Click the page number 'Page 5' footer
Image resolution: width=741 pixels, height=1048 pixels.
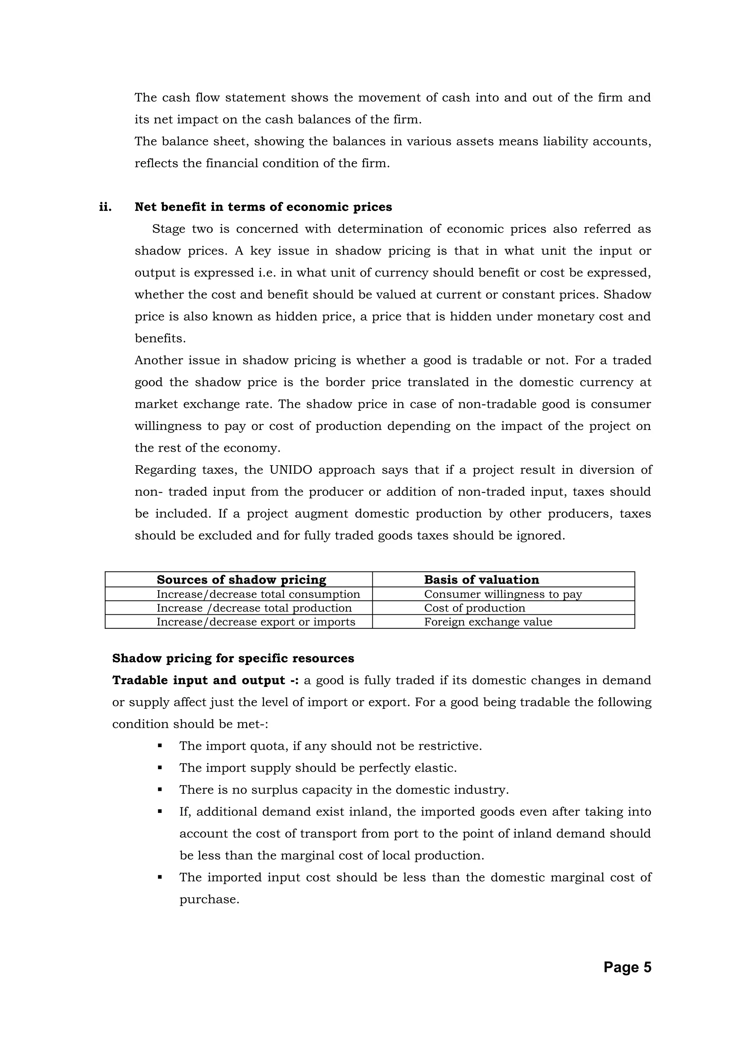point(627,967)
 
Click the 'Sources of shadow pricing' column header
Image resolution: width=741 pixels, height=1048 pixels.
point(241,580)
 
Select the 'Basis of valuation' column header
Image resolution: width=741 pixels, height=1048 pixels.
point(481,580)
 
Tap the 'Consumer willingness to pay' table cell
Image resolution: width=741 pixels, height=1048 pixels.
point(503,594)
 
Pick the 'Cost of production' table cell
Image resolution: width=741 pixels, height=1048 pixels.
point(474,608)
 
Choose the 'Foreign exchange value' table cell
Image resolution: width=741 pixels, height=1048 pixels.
point(488,622)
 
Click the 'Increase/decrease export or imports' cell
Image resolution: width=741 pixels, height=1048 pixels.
point(256,622)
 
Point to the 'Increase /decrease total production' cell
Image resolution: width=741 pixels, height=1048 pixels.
point(254,608)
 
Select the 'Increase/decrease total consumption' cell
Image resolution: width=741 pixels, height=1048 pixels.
point(258,594)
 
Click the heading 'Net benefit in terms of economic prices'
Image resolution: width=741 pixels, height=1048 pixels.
point(263,207)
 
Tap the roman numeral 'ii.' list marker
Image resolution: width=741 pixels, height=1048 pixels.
point(105,207)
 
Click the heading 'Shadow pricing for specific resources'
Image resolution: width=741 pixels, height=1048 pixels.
point(233,658)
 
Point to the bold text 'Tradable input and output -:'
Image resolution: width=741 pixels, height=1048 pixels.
point(206,680)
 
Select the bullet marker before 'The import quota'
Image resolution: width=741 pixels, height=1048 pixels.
point(160,746)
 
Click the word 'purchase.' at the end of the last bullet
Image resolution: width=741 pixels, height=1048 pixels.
point(209,899)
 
